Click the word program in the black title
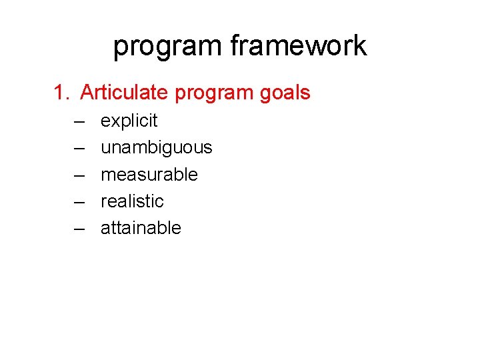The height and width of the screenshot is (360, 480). pyautogui.click(x=167, y=47)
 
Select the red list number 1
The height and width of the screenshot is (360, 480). pyautogui.click(x=61, y=93)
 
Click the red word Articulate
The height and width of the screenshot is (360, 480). pyautogui.click(x=125, y=93)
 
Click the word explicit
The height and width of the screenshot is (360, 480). pyautogui.click(x=129, y=121)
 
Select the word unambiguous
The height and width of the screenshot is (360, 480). pyautogui.click(x=156, y=148)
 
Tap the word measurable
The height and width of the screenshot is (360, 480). pyautogui.click(x=149, y=175)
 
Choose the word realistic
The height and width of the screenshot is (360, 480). pyautogui.click(x=132, y=201)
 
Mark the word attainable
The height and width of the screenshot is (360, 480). pyautogui.click(x=141, y=228)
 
